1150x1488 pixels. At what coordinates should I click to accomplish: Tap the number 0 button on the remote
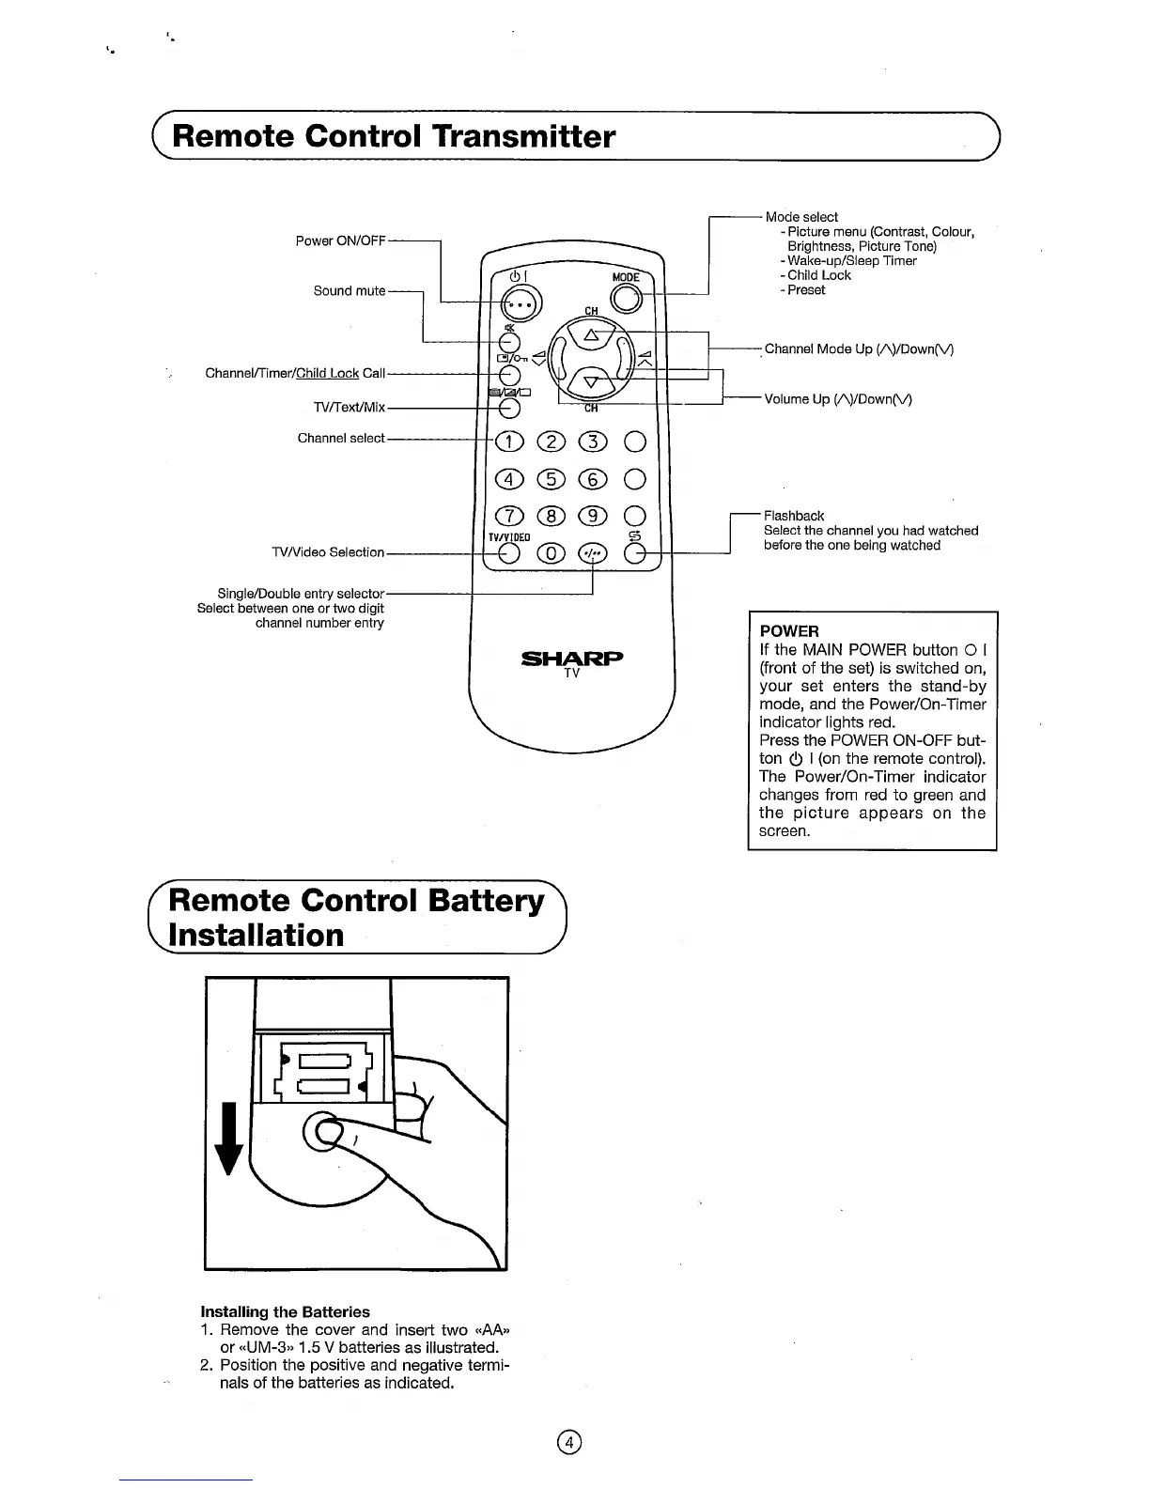tap(551, 553)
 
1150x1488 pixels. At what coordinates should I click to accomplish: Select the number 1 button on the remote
tap(508, 442)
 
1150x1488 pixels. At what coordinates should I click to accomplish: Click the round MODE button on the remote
tap(626, 298)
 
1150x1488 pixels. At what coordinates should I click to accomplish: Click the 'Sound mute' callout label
tap(350, 291)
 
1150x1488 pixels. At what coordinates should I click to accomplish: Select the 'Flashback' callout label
tap(794, 516)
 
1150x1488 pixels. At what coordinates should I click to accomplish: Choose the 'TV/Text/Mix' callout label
tap(350, 408)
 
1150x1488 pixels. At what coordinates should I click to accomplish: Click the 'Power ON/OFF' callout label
tap(340, 240)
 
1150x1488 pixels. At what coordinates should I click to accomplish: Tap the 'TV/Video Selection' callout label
tap(328, 552)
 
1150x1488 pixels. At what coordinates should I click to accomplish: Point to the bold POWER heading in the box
tap(789, 631)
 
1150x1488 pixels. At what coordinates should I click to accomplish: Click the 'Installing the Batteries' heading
tap(286, 1311)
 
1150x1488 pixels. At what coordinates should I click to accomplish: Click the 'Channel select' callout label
tap(341, 438)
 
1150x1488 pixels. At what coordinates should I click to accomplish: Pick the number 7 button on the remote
tap(508, 516)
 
